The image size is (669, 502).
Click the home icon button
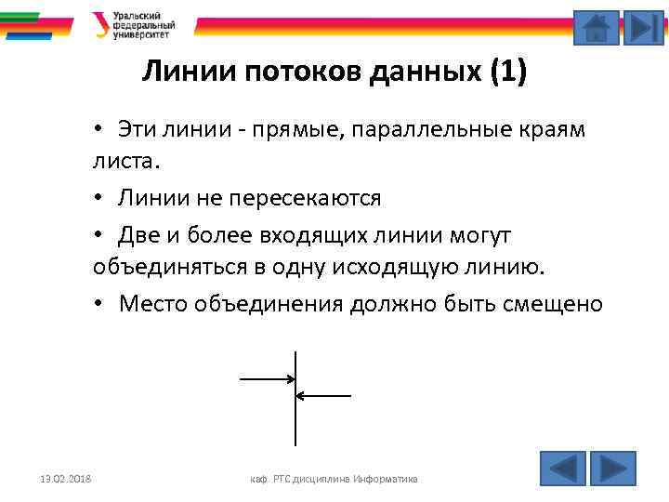(x=596, y=27)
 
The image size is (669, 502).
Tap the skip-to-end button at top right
(x=643, y=27)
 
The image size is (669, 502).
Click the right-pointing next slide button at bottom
(x=613, y=468)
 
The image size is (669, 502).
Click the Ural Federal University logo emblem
(x=100, y=24)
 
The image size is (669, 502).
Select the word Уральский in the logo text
(x=136, y=16)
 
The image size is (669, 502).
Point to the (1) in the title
(x=507, y=73)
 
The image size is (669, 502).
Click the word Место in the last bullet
(x=152, y=304)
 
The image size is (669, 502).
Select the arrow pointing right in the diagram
(x=267, y=379)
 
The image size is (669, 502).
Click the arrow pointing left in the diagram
(x=323, y=395)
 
